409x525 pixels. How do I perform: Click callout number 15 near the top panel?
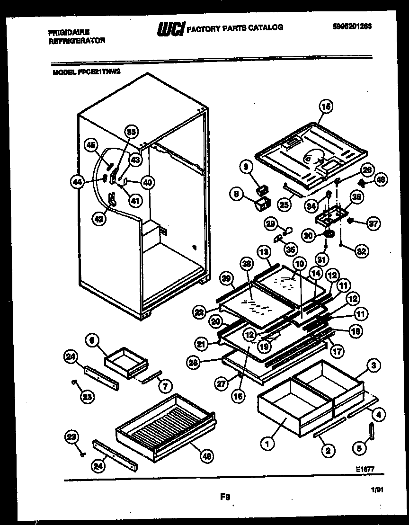[x=325, y=107]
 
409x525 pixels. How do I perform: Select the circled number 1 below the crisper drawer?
[x=267, y=444]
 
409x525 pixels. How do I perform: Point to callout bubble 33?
[x=131, y=133]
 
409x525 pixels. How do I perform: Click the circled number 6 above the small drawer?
[x=93, y=340]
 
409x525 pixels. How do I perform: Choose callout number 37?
[x=373, y=223]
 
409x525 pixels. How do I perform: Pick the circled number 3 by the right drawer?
[x=373, y=365]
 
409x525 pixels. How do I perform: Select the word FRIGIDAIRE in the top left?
[x=69, y=32]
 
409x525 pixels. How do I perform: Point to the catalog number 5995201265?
[x=352, y=27]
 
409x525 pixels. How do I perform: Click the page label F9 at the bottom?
[x=225, y=497]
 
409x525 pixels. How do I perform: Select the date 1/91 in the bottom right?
[x=377, y=492]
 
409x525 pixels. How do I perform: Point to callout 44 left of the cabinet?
[x=78, y=180]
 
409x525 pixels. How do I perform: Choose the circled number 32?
[x=362, y=252]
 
